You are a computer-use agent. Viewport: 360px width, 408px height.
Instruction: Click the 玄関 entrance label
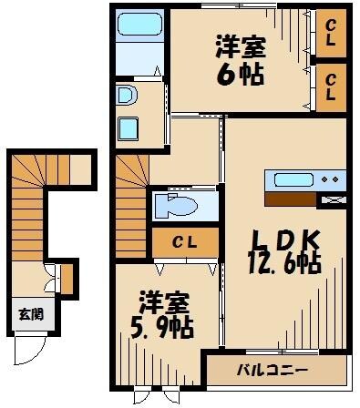click(29, 315)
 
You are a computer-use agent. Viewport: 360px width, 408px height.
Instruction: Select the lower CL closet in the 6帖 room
click(331, 87)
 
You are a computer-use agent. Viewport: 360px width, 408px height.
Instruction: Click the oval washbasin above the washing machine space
click(127, 95)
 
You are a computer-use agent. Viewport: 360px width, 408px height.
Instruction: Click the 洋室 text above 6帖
click(240, 45)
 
